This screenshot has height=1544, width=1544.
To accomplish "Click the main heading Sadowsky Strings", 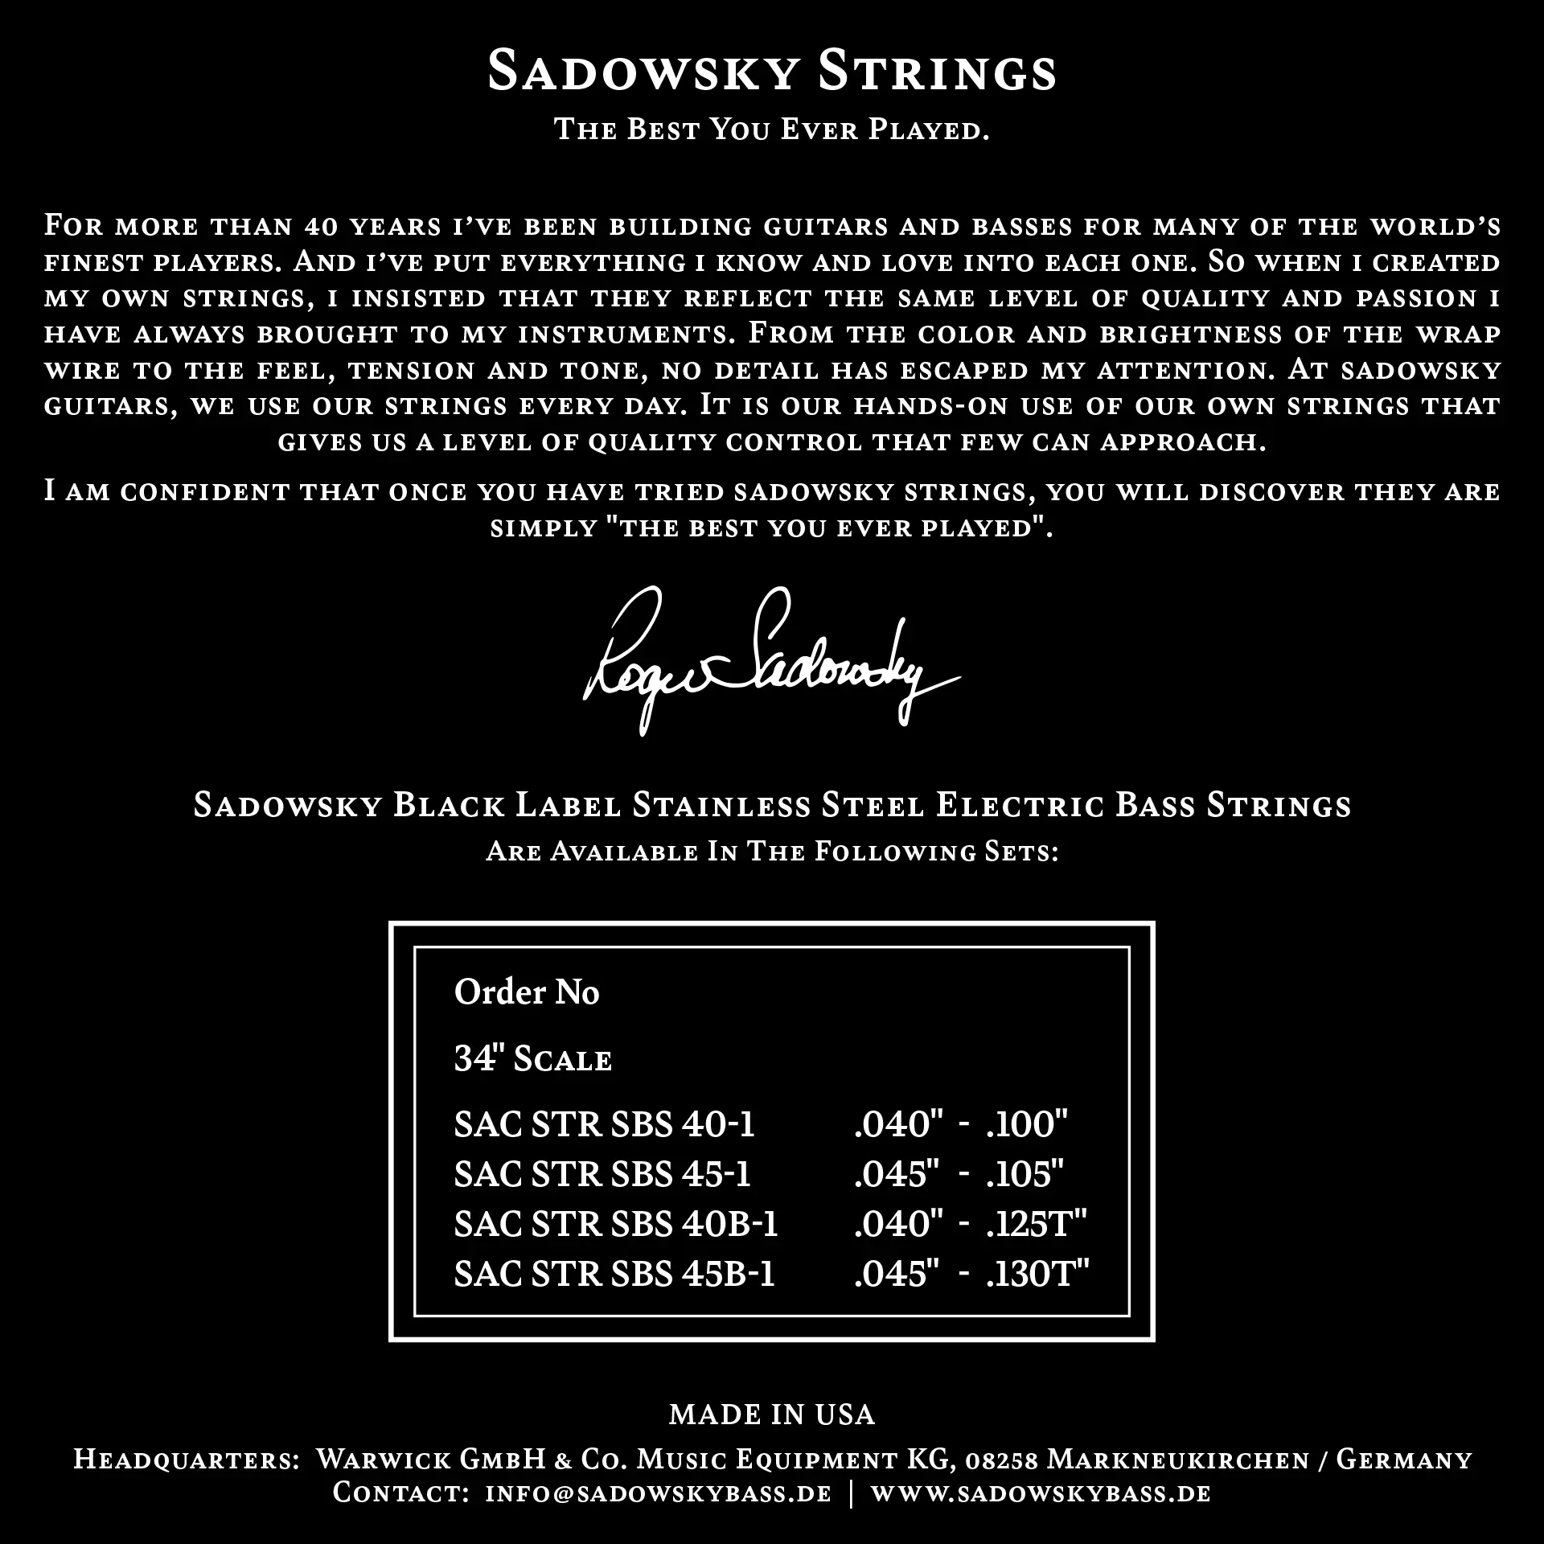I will point(771,72).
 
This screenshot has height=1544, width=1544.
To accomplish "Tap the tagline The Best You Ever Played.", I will point(771,129).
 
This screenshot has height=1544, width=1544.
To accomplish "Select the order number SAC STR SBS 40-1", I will point(604,1124).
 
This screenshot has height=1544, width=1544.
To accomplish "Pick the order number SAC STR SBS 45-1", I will point(602,1174).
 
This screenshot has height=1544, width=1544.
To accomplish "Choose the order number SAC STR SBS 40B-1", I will point(616,1224).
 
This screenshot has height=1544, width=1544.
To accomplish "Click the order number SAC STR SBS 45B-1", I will point(614,1274).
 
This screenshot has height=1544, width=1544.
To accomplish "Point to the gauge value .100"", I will point(1027,1124).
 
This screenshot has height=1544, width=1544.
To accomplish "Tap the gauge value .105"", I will point(1025,1174).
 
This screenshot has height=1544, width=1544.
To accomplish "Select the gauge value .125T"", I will point(1037,1224).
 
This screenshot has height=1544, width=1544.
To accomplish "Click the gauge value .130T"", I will point(1037,1274).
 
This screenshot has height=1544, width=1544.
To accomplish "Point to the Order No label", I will point(527,992).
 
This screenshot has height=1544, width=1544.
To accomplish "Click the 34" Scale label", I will point(533,1059).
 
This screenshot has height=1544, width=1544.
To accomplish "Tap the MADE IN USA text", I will point(771,1415).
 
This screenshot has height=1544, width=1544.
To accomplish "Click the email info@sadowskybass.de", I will point(658,1493).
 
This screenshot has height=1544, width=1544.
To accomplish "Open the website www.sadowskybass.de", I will point(1041,1493).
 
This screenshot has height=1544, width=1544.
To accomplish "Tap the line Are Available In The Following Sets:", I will point(771,852).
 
